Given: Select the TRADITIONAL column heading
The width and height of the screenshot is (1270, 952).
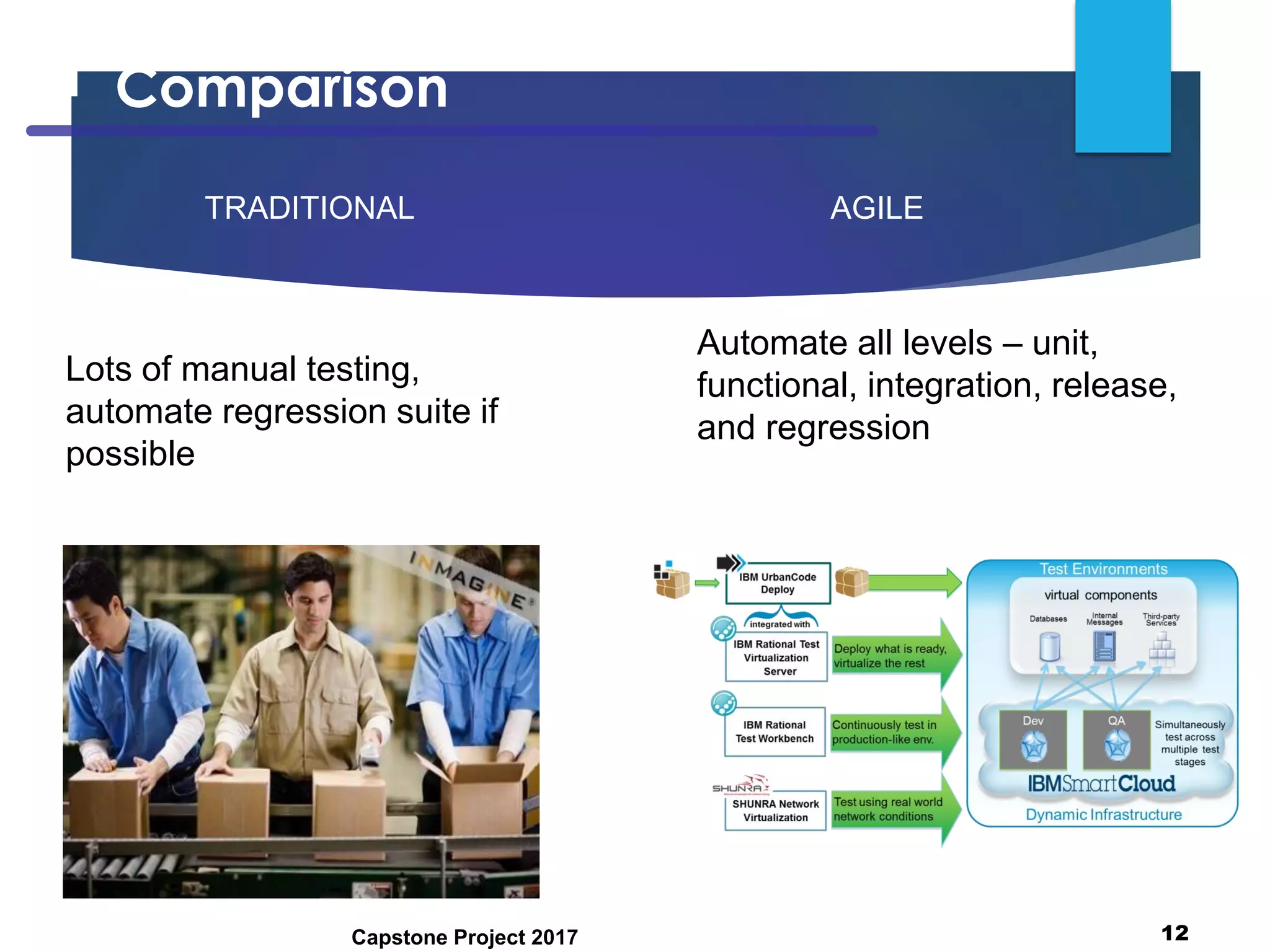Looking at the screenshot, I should (x=309, y=208).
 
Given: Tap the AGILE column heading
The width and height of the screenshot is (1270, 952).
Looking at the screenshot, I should (x=876, y=208).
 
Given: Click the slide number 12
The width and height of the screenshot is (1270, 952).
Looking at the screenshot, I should (x=1174, y=933).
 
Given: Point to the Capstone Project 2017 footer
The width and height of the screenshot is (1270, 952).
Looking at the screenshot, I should (x=464, y=937).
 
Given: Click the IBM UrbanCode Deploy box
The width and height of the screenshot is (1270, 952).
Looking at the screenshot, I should (x=777, y=583).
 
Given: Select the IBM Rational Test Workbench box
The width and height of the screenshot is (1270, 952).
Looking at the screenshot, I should (x=774, y=732).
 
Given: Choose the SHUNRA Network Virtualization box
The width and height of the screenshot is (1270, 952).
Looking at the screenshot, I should (x=775, y=811).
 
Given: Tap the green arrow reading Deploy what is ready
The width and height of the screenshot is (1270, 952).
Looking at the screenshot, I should (x=893, y=656).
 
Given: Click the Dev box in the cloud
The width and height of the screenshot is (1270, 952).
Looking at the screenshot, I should (x=1033, y=739).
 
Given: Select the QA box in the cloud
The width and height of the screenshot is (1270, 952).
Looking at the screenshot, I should (x=1116, y=739).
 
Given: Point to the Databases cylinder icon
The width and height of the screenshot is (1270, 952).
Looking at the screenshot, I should (x=1049, y=646).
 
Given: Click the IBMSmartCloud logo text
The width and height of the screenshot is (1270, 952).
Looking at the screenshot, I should (x=1101, y=784).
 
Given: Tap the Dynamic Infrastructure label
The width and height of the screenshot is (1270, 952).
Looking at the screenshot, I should (x=1103, y=815).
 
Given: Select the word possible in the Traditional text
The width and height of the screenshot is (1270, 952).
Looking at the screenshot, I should (x=130, y=454).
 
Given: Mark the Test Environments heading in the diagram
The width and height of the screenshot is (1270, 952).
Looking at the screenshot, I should (x=1103, y=569).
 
